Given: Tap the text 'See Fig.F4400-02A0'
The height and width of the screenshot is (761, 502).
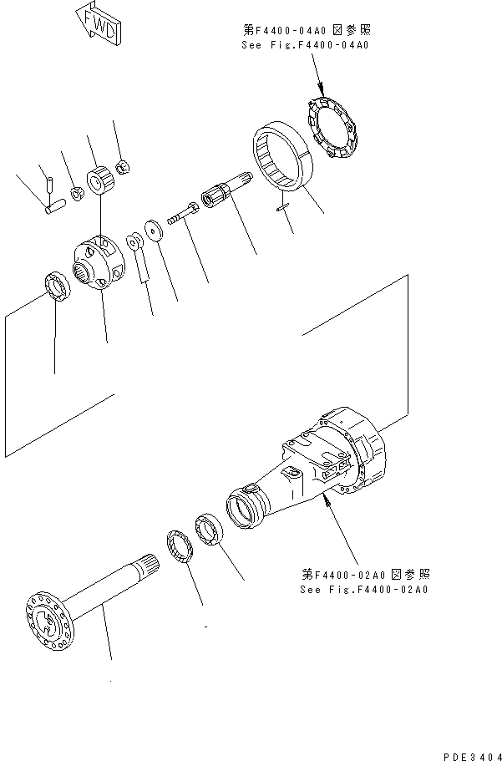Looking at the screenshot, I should click(x=364, y=589).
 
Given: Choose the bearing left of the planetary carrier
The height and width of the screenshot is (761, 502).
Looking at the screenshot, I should click(x=55, y=287).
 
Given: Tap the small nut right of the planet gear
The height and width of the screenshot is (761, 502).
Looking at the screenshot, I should click(x=121, y=166).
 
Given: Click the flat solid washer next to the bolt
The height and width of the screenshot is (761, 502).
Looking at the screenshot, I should click(x=153, y=230).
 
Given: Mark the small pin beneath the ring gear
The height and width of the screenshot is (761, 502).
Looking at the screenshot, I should click(x=282, y=209).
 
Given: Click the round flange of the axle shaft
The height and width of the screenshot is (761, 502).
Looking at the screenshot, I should click(x=46, y=617).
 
